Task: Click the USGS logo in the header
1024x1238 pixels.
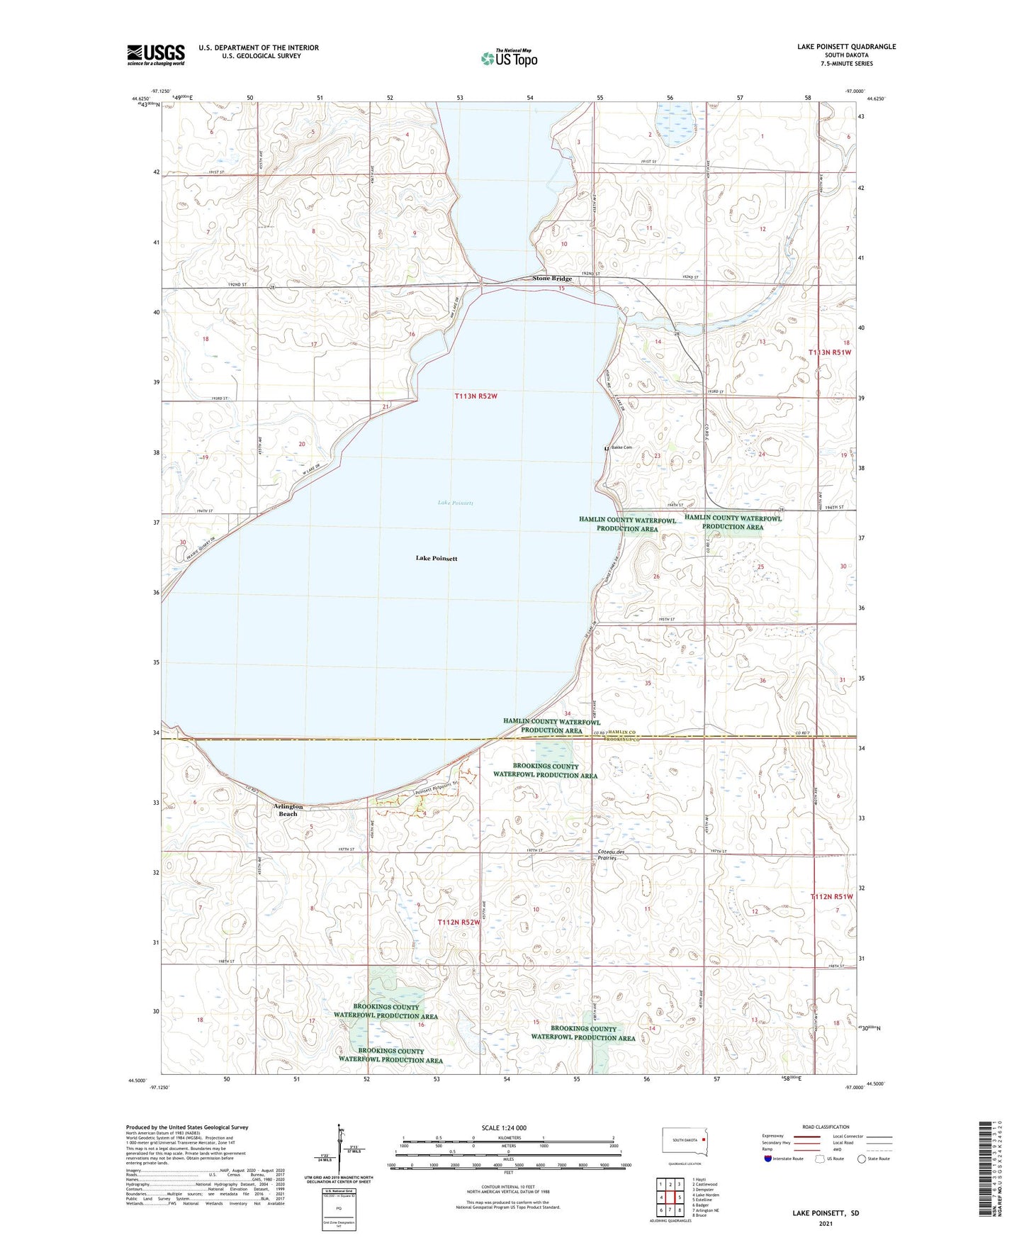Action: [156, 55]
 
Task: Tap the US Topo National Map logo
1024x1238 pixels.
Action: [509, 57]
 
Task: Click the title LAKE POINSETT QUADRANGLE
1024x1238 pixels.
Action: [846, 47]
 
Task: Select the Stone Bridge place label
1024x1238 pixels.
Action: [552, 279]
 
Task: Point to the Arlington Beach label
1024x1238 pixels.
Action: [288, 810]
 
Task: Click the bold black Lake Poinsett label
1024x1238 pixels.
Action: [437, 559]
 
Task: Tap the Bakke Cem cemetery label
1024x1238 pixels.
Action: [621, 447]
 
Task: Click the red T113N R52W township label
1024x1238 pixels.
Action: [476, 396]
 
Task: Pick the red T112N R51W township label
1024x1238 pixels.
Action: [831, 897]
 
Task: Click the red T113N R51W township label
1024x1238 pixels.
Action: [830, 352]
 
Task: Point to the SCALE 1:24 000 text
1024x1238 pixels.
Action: [504, 1127]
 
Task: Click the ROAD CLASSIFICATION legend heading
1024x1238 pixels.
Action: [826, 1127]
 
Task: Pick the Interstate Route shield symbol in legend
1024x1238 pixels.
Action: [768, 1159]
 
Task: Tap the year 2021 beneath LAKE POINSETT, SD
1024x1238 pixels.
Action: [826, 1223]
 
